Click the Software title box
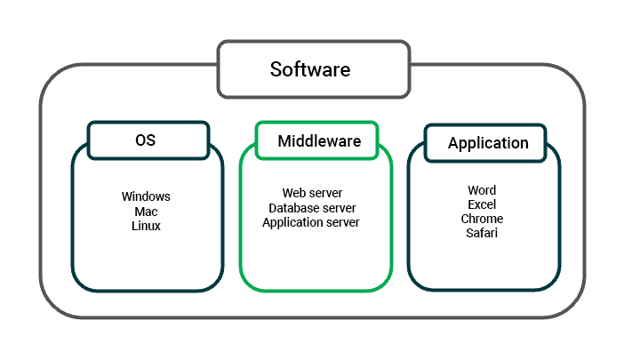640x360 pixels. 313,68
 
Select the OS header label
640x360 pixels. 147,140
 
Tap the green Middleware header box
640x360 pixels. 319,140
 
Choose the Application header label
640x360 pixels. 488,143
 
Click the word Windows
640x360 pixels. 146,196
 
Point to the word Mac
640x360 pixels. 146,212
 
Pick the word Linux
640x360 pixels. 146,226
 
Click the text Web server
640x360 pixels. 312,193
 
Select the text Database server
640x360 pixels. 312,208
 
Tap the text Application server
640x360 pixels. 311,222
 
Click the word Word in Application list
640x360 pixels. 482,190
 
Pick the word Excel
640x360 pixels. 482,204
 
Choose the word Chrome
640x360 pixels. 482,219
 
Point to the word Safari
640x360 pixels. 482,233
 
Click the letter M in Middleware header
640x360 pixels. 284,140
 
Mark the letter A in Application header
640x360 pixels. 453,143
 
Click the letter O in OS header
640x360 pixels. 140,140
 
